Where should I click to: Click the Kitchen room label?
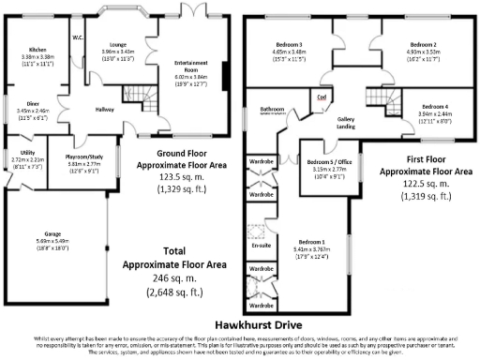[x=37, y=49]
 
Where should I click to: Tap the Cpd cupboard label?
[x=321, y=97]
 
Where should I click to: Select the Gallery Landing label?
[x=352, y=124]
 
